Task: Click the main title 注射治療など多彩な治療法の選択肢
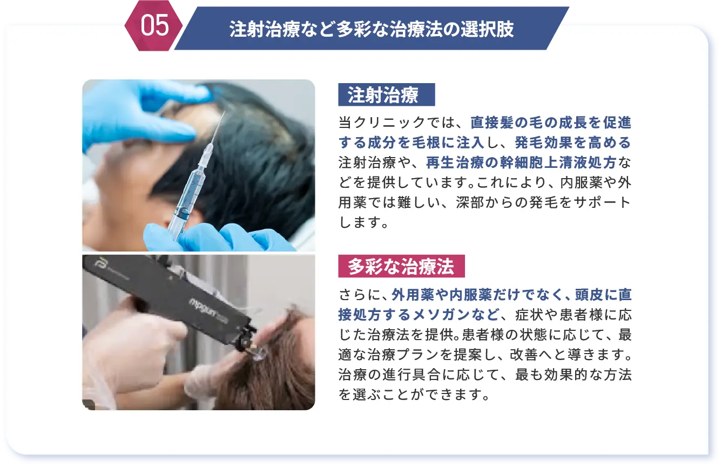(x=372, y=29)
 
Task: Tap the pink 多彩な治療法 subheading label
(x=401, y=266)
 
